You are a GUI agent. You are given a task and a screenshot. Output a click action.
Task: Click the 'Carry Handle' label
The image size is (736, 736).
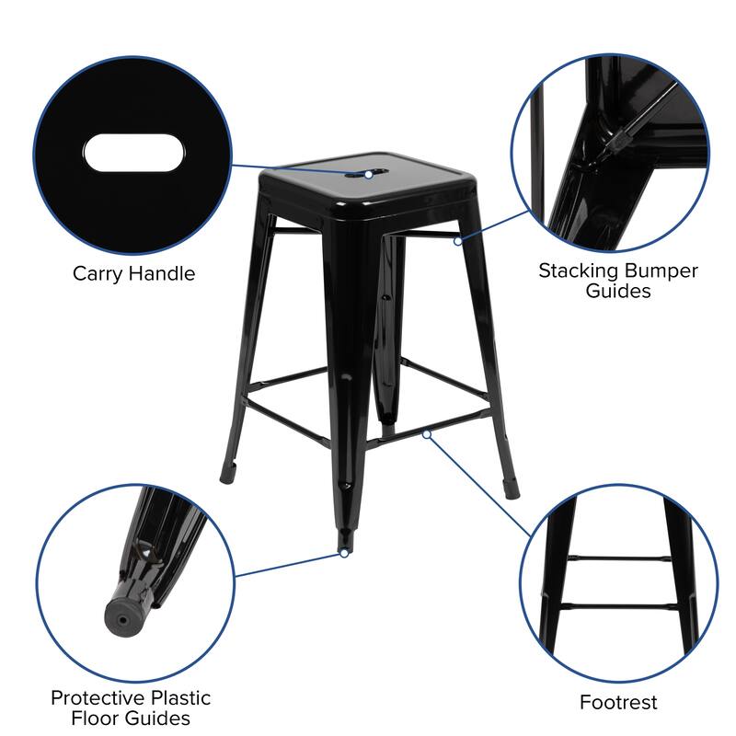point(134,273)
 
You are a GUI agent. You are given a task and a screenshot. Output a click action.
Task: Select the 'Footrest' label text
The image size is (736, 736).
point(618,703)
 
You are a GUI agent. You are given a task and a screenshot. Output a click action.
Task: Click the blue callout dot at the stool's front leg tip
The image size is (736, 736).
point(343,553)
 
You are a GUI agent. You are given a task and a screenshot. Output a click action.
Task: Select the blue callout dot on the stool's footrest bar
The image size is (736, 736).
point(428,432)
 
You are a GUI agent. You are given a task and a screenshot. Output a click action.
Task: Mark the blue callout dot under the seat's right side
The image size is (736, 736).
point(457,241)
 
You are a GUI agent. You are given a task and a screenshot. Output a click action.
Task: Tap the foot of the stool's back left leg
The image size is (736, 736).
point(227,477)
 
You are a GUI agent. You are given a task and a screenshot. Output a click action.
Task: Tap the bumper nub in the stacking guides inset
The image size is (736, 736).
point(618,141)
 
